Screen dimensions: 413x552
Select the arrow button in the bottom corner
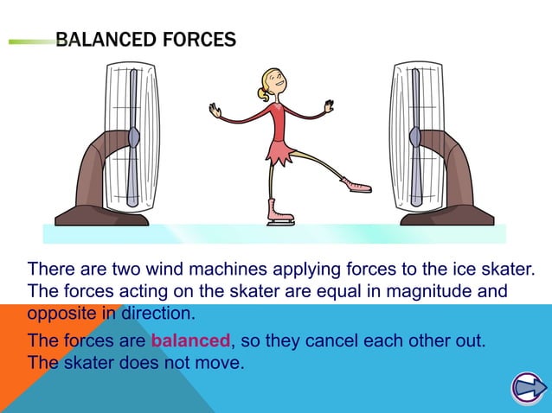click(x=525, y=388)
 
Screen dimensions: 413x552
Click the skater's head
click(x=270, y=84)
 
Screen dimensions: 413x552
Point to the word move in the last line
click(x=221, y=362)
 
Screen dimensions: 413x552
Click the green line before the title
click(x=31, y=40)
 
